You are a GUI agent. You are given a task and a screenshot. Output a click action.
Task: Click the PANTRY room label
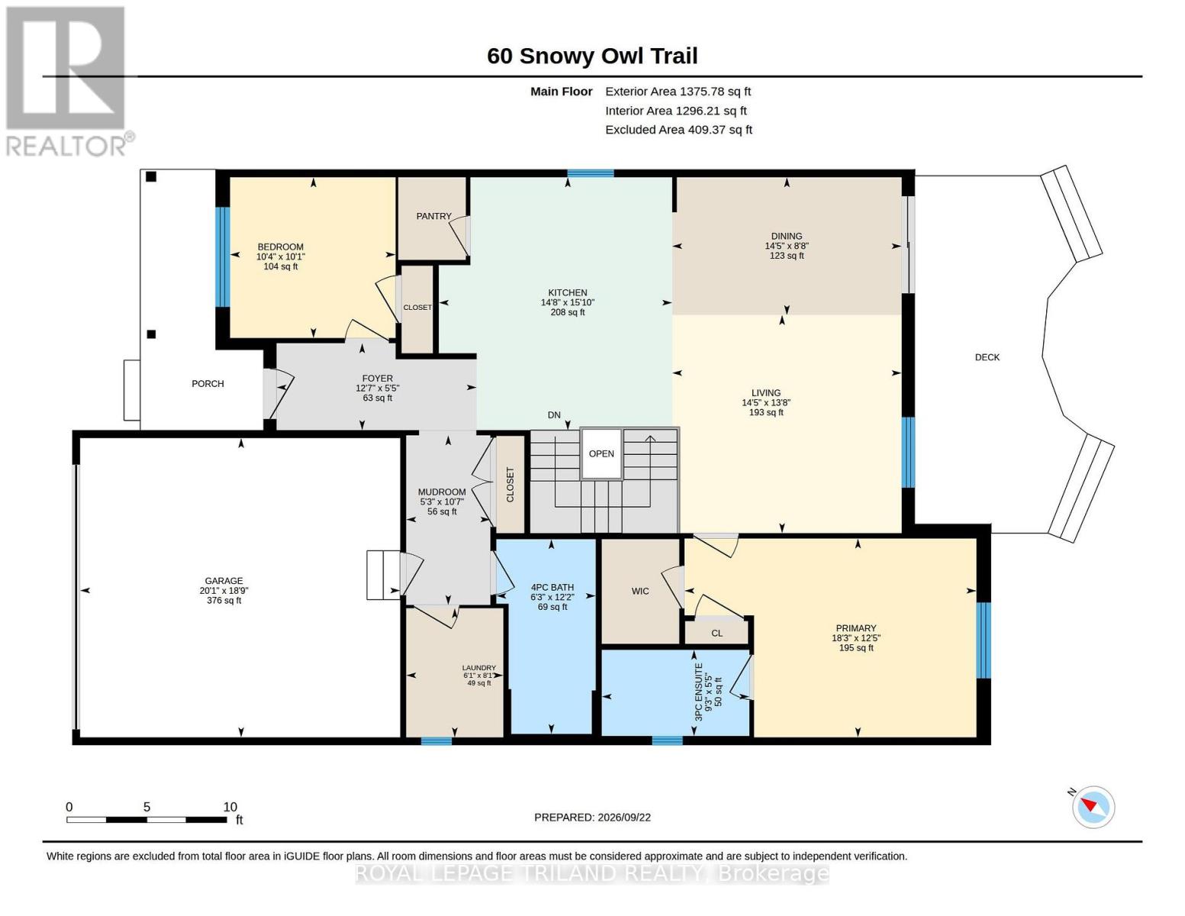point(433,216)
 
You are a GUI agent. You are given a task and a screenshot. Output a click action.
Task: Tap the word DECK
point(987,357)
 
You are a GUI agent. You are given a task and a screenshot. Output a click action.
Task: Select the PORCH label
point(208,384)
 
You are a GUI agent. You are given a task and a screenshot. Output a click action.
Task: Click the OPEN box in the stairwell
point(601,454)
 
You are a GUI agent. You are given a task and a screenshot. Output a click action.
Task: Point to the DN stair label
point(554,415)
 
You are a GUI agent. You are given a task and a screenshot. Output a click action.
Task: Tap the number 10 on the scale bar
point(230,807)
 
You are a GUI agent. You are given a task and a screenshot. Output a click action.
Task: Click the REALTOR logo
point(69,82)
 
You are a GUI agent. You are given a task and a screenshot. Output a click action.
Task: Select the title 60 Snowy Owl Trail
point(592,56)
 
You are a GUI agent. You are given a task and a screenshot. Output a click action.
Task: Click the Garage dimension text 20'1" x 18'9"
point(224,591)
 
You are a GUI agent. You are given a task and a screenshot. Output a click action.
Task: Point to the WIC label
point(640,592)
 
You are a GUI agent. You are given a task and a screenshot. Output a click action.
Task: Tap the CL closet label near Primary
point(717,634)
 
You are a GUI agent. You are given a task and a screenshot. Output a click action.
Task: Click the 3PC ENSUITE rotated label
point(699,692)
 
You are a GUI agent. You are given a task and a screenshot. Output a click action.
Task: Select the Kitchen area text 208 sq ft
point(568,313)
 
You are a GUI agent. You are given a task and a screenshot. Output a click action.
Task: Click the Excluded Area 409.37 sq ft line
point(678,130)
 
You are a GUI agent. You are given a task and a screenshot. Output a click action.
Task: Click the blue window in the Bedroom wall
point(223,257)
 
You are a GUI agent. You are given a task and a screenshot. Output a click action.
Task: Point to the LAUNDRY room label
point(478,668)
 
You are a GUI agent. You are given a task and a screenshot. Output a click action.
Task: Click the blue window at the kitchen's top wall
point(591,173)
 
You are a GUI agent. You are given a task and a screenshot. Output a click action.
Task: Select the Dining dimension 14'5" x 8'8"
point(787,246)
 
